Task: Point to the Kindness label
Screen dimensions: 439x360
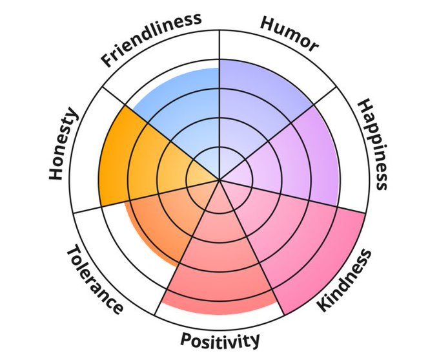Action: tap(345, 279)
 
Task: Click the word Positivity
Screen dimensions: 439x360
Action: tap(220, 339)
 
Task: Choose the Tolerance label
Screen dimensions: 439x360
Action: tap(94, 279)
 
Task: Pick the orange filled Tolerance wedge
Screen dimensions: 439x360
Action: tap(161, 220)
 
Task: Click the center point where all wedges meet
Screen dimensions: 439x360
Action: tap(219, 180)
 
